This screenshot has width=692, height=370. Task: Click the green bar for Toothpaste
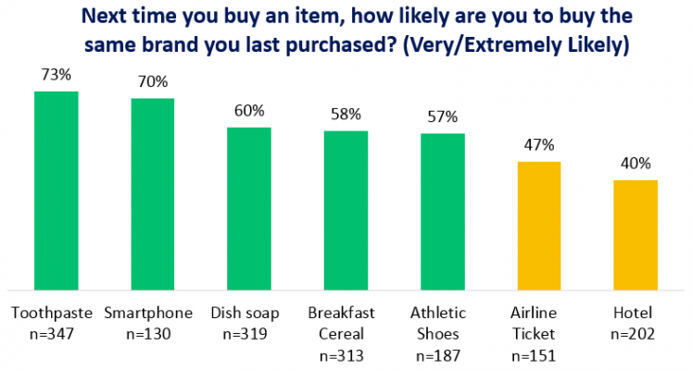56,190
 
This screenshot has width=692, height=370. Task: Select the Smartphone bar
152,193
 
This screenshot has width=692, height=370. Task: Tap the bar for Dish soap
249,208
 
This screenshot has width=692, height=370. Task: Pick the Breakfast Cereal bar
346,210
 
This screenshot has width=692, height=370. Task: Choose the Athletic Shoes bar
443,212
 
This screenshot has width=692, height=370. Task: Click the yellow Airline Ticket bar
539,225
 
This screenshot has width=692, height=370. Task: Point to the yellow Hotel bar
635,234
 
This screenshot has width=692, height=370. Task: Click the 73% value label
56,75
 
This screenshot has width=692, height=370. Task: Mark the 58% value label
346,116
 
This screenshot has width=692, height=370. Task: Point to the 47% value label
539,145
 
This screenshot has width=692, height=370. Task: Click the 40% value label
635,165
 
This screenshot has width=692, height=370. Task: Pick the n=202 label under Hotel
635,330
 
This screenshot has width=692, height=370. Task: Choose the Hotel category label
635,311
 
